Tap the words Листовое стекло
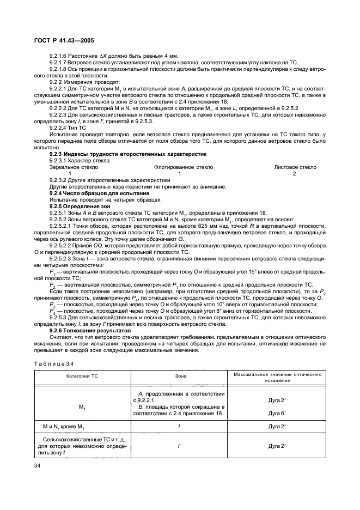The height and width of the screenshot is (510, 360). tap(295, 168)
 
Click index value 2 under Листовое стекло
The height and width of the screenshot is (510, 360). tap(295, 174)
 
